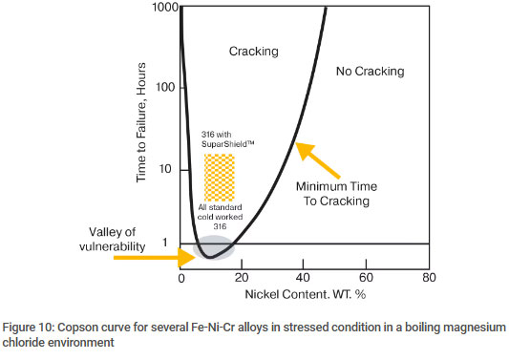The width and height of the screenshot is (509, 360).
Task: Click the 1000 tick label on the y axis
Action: tap(164, 8)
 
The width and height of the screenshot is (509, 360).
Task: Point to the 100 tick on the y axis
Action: tap(167, 88)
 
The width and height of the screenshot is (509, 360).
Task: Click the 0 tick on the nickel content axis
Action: tap(180, 276)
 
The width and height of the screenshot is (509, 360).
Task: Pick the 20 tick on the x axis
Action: tap(243, 276)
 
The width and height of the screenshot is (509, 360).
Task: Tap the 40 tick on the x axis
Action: tap(305, 276)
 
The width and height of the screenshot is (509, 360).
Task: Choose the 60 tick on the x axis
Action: tap(367, 276)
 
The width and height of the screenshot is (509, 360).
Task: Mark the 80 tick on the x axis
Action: tap(428, 276)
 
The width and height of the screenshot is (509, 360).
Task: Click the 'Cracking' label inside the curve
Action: tap(253, 52)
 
